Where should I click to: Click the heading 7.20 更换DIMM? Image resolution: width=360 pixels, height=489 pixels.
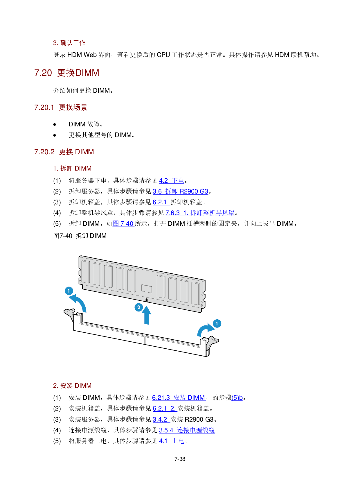(66, 73)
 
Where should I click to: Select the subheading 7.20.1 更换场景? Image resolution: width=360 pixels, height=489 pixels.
(61, 108)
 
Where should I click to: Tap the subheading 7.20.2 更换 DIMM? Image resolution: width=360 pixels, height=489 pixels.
(64, 152)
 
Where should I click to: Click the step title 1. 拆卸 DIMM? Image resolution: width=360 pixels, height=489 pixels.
(72, 169)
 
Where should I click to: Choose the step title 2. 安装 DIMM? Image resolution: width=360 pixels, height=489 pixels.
(72, 386)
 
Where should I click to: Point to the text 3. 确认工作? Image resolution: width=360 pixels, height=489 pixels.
(69, 43)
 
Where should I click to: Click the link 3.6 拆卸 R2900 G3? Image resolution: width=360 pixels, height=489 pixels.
(180, 191)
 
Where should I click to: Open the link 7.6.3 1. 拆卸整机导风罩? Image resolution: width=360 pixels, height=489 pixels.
(200, 213)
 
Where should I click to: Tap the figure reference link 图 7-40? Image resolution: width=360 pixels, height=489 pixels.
(123, 224)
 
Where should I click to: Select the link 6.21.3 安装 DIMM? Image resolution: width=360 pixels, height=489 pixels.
(179, 398)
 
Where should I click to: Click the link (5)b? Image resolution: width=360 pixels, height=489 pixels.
(237, 398)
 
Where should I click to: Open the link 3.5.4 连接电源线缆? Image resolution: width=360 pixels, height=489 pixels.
(187, 430)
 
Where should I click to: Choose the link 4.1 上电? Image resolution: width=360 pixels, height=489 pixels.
(171, 441)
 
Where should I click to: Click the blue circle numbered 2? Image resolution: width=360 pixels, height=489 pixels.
(138, 307)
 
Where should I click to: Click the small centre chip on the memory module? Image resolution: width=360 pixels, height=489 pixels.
(147, 289)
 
